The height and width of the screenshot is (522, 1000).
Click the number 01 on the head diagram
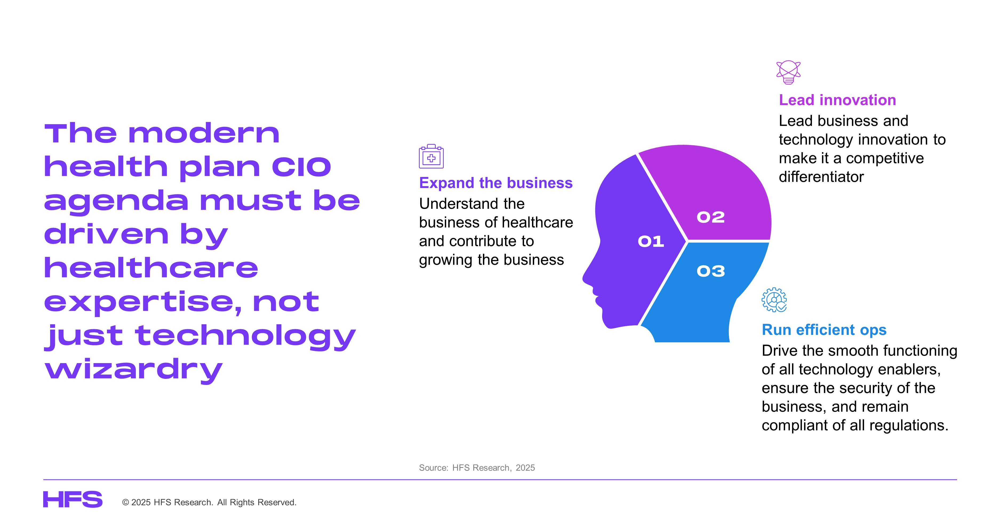[x=651, y=241]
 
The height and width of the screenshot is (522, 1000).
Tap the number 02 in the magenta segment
[x=710, y=217]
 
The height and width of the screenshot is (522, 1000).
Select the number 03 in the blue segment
[x=710, y=271]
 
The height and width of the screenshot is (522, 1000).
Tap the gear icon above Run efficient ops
[x=774, y=300]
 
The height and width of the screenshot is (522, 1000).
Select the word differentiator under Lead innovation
[x=821, y=176]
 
